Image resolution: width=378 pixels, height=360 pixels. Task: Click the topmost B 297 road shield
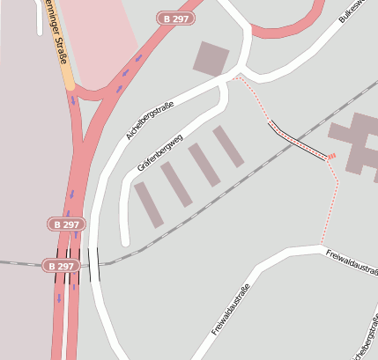click(x=174, y=18)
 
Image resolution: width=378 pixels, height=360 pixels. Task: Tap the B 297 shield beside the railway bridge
click(x=61, y=266)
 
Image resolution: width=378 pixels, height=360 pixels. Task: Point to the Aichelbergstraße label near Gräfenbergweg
click(x=150, y=121)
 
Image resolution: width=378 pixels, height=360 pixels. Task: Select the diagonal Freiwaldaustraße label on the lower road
click(x=232, y=311)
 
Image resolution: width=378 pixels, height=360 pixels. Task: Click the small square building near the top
click(x=211, y=58)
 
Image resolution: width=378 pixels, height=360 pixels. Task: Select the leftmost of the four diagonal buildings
click(x=149, y=205)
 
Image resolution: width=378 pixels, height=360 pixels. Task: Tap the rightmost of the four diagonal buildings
click(x=228, y=146)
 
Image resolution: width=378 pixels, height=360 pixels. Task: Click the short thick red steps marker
click(x=331, y=158)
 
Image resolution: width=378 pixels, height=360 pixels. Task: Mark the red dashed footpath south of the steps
click(x=331, y=202)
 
